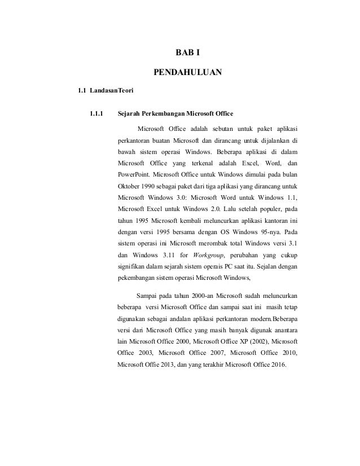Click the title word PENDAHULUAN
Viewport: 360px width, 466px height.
188,72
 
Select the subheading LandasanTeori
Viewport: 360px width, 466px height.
110,90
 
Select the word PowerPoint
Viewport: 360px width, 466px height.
134,173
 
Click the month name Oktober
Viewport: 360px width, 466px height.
130,186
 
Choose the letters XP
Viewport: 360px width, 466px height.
239,342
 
